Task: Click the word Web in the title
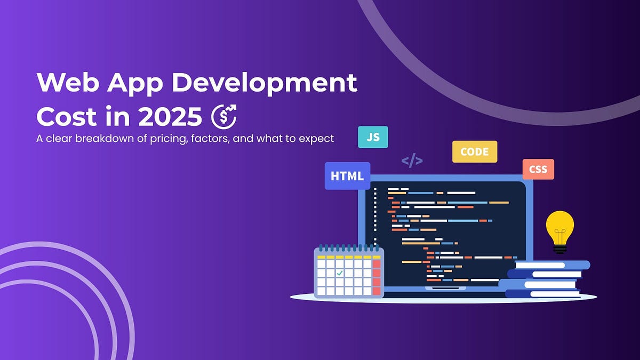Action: (68, 82)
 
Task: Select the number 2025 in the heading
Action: (170, 116)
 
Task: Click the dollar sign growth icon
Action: (223, 116)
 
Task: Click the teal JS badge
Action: (373, 137)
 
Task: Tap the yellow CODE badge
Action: (475, 151)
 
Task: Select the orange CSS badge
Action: (538, 170)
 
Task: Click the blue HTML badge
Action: (347, 176)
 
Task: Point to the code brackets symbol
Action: (412, 162)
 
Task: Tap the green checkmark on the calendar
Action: (339, 273)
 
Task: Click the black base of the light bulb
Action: (559, 250)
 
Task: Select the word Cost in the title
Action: (67, 116)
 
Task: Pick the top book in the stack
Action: (553, 265)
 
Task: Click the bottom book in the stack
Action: (543, 294)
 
